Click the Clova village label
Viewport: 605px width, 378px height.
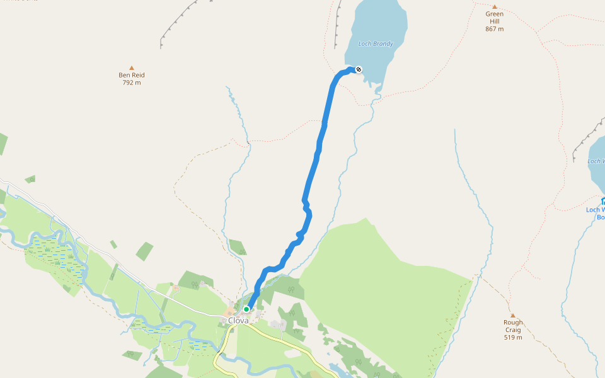pyautogui.click(x=238, y=320)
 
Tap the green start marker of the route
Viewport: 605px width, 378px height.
pyautogui.click(x=246, y=309)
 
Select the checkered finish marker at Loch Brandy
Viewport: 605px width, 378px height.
pyautogui.click(x=359, y=69)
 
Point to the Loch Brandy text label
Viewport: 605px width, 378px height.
pyautogui.click(x=376, y=44)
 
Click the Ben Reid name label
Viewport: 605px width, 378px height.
pyautogui.click(x=132, y=75)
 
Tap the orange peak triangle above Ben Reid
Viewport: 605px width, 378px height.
pyautogui.click(x=132, y=67)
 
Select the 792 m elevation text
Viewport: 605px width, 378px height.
pyautogui.click(x=132, y=83)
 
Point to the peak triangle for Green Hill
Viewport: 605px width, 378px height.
pyautogui.click(x=495, y=7)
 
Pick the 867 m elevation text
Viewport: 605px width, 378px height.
pyautogui.click(x=495, y=29)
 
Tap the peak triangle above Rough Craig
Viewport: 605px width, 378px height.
pyautogui.click(x=513, y=316)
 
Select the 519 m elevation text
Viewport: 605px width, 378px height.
pyautogui.click(x=513, y=337)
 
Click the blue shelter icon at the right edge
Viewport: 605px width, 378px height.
pyautogui.click(x=602, y=201)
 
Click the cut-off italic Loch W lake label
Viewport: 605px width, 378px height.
pyautogui.click(x=596, y=161)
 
